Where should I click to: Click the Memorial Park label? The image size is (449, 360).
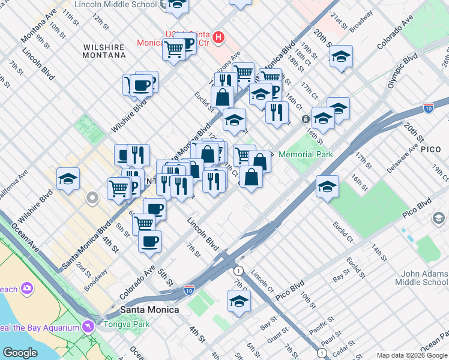click(306, 154)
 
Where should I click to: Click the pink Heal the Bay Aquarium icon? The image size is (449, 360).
click(89, 327)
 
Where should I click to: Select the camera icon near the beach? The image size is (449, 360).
click(26, 289)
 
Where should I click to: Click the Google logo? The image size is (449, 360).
click(20, 352)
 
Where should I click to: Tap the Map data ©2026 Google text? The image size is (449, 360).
click(411, 355)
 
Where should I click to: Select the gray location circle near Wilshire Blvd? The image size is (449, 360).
click(92, 197)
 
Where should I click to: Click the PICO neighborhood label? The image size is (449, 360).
click(431, 148)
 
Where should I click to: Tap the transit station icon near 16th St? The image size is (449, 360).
click(306, 119)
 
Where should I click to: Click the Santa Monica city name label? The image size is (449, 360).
click(149, 310)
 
